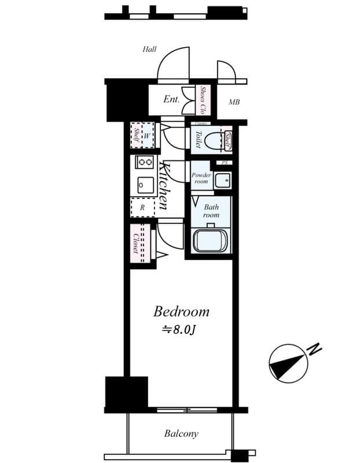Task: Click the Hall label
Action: click(x=150, y=50)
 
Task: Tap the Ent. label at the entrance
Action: click(x=171, y=100)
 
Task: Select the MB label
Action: click(x=234, y=103)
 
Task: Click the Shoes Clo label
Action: click(x=203, y=100)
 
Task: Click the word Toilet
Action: click(x=198, y=139)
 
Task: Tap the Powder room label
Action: click(x=201, y=178)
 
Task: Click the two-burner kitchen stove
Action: click(x=144, y=163)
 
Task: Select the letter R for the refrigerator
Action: click(x=142, y=207)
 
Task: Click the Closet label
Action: click(x=135, y=244)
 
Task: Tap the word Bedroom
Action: click(x=181, y=312)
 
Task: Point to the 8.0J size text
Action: click(x=181, y=330)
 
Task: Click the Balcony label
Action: click(x=181, y=433)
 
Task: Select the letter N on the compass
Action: click(x=314, y=350)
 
